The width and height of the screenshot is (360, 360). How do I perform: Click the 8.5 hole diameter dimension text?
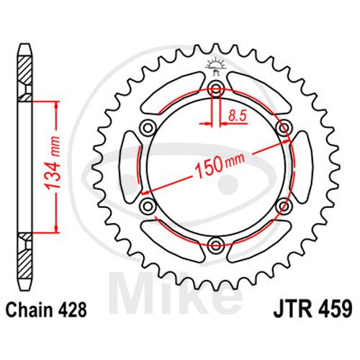(238, 116)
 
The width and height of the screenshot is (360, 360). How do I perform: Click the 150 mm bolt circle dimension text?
(219, 164)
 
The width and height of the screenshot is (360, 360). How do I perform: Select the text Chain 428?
(46, 310)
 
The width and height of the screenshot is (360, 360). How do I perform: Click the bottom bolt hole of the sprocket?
(216, 245)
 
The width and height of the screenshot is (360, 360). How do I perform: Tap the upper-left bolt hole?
(148, 127)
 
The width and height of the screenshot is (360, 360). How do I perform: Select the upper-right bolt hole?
(284, 127)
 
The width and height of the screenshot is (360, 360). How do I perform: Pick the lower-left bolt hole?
(148, 206)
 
